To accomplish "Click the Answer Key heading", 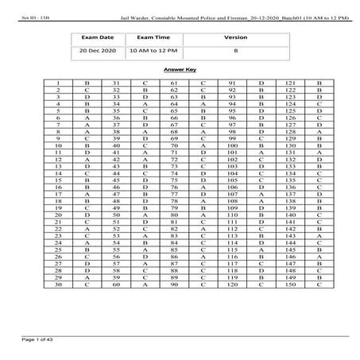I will (x=180, y=70).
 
